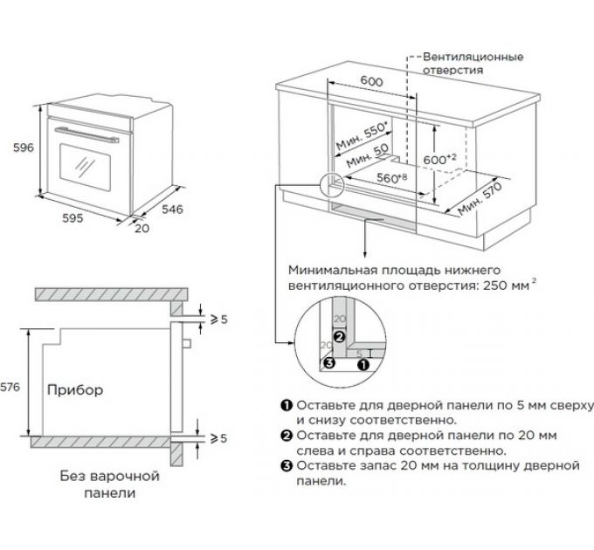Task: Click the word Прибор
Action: [75, 390]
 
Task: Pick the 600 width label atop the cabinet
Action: [372, 81]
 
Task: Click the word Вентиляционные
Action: [474, 57]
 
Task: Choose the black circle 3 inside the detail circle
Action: [328, 362]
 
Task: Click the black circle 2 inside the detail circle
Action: [340, 336]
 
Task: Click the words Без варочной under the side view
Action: [99, 477]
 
